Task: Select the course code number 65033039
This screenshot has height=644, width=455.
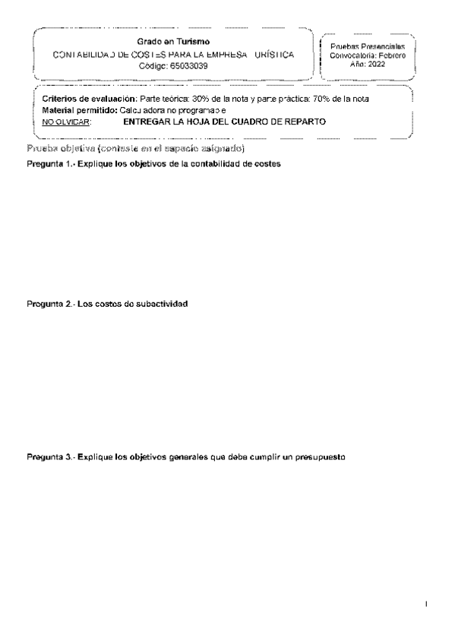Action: tap(188, 67)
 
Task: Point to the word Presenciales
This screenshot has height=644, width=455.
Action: tap(388, 47)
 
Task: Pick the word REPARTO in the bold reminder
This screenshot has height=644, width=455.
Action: tap(302, 122)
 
